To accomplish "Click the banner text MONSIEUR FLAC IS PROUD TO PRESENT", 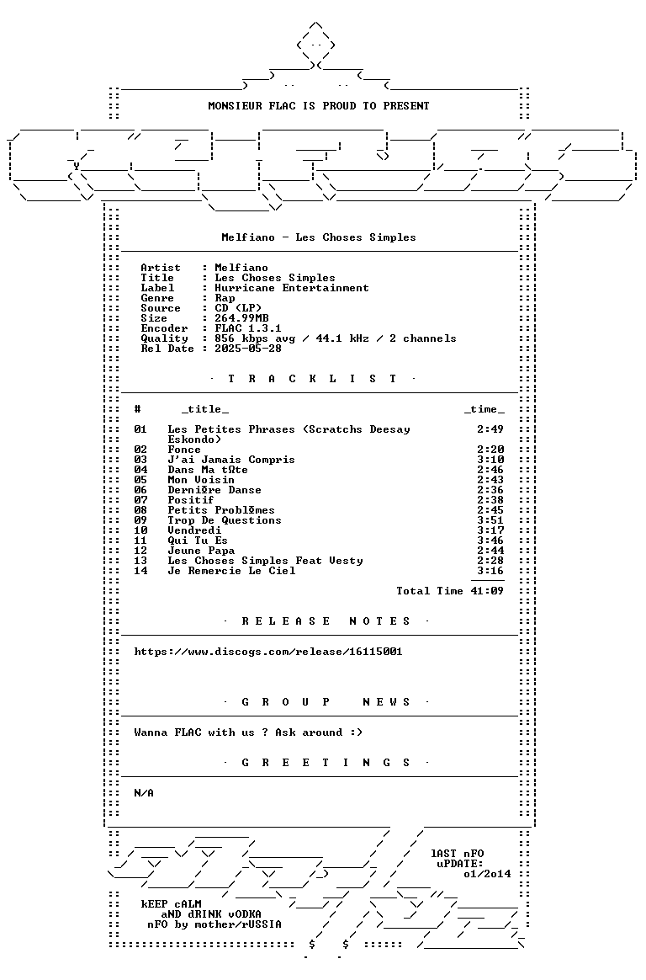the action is click(318, 106).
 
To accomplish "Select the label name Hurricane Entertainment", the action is click(292, 288).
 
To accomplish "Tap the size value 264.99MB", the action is click(241, 318).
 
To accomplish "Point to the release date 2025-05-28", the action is click(248, 349).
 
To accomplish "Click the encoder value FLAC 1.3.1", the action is click(248, 328).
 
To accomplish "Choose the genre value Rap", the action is click(225, 298).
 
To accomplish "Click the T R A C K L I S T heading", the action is click(312, 379).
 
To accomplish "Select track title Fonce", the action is click(184, 450).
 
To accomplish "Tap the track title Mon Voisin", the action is click(201, 480).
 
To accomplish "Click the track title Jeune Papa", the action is click(201, 551).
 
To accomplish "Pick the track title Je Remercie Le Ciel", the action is click(231, 571).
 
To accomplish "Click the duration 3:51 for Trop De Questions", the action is click(490, 520).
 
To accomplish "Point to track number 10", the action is click(140, 530).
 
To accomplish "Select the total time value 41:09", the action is click(487, 591).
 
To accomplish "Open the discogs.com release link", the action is click(268, 652).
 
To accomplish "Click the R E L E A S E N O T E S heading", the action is click(326, 621).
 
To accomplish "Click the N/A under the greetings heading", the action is click(144, 793).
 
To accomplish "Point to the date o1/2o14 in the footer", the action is click(487, 874).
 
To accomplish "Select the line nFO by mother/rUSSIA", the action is click(214, 924).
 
